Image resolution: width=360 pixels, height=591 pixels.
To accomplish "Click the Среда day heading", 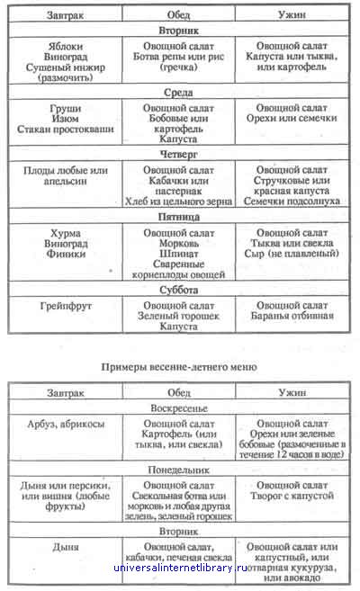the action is tap(178, 93).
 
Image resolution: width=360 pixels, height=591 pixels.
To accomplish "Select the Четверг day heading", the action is tap(178, 155).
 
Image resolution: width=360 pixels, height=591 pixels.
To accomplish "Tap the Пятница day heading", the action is tap(179, 217).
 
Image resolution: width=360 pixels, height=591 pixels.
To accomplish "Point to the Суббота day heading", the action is tap(179, 290).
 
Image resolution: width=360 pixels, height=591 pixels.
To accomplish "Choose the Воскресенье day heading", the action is tap(179, 408).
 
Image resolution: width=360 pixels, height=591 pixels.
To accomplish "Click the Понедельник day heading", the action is tap(179, 470).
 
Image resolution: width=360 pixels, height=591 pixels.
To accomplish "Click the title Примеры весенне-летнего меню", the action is tap(179, 367).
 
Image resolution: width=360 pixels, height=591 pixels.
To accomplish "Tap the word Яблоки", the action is tap(66, 47).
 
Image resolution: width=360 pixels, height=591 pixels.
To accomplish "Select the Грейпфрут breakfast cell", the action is tap(66, 306).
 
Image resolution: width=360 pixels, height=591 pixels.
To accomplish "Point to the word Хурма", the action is tap(66, 233).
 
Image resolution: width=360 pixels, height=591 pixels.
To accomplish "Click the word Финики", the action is tap(66, 254).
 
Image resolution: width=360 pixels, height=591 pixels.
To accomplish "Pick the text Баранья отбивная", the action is tap(292, 316).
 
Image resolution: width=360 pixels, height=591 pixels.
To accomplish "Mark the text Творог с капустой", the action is tap(292, 496).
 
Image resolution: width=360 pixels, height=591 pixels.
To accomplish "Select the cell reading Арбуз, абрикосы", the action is tap(66, 424).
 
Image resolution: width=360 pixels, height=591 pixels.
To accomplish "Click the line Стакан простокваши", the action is tap(65, 129).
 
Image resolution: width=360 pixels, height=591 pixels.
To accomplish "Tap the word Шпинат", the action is tap(179, 254).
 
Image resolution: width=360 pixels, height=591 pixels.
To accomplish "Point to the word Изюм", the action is tap(66, 119).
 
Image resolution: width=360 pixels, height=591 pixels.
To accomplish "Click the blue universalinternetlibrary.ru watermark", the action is tap(180, 568).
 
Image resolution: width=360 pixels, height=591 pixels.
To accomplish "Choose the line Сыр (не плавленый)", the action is tap(292, 254).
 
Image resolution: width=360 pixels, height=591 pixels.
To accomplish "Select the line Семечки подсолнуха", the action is tap(292, 201).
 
